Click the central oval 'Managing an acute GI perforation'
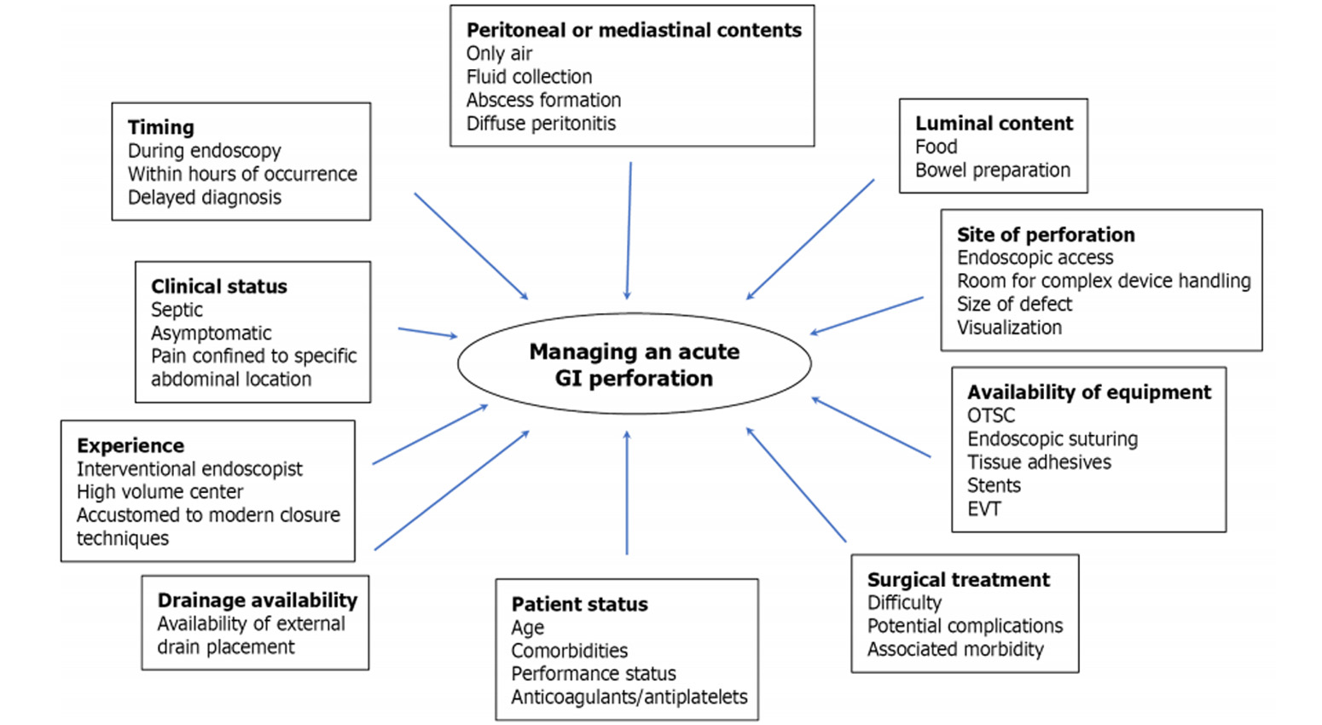click(x=634, y=364)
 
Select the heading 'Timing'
click(x=161, y=128)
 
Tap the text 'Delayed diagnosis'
click(x=205, y=197)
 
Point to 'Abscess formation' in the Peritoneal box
click(x=543, y=100)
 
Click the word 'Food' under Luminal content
click(x=936, y=147)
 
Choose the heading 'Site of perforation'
click(x=1046, y=235)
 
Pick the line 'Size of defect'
click(x=1014, y=304)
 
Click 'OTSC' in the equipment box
click(x=991, y=415)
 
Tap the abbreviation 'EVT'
click(x=984, y=508)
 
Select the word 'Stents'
click(x=994, y=485)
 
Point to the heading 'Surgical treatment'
click(x=959, y=580)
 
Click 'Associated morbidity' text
click(x=955, y=649)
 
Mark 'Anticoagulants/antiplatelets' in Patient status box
click(x=629, y=697)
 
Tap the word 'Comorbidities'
click(x=569, y=651)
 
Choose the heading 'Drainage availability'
click(x=258, y=600)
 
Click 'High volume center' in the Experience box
click(x=159, y=492)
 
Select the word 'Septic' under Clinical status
click(x=177, y=310)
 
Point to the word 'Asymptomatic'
click(x=212, y=333)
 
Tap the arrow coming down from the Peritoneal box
click(x=629, y=230)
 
